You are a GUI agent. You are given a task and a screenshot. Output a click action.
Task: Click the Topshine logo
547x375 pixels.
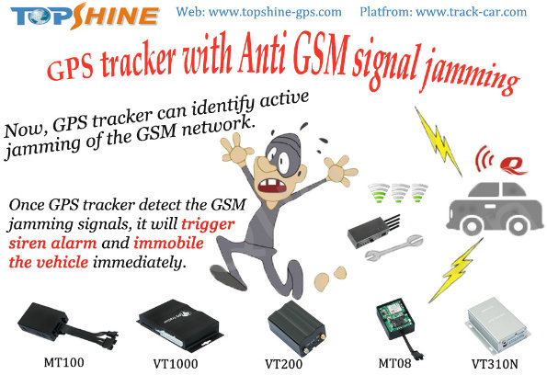[85, 16]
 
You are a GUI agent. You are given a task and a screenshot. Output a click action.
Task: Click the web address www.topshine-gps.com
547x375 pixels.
[275, 12]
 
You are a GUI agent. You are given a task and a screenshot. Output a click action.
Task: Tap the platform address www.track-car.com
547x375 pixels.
[472, 12]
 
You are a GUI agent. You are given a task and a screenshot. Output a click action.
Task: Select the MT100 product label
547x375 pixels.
[63, 362]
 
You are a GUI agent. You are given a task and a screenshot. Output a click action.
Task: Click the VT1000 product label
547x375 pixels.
[175, 364]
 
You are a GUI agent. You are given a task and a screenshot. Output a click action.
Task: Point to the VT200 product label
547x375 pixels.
[284, 364]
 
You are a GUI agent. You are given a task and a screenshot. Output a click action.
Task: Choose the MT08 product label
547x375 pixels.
[394, 363]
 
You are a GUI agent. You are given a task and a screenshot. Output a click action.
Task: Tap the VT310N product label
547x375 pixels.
[495, 364]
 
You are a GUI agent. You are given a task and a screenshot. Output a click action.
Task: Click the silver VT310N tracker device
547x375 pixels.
[497, 324]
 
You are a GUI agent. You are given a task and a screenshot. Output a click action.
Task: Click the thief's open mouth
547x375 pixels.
[272, 186]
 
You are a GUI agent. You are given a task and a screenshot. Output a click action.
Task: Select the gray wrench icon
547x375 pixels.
[394, 248]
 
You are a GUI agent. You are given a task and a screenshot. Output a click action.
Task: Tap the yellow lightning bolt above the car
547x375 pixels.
[439, 141]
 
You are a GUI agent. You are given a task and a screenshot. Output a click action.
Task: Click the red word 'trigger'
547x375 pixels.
[208, 225]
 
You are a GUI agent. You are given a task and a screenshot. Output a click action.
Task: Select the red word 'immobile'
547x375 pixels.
[168, 243]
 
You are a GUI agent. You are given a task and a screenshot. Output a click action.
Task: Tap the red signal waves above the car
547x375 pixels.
[484, 159]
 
